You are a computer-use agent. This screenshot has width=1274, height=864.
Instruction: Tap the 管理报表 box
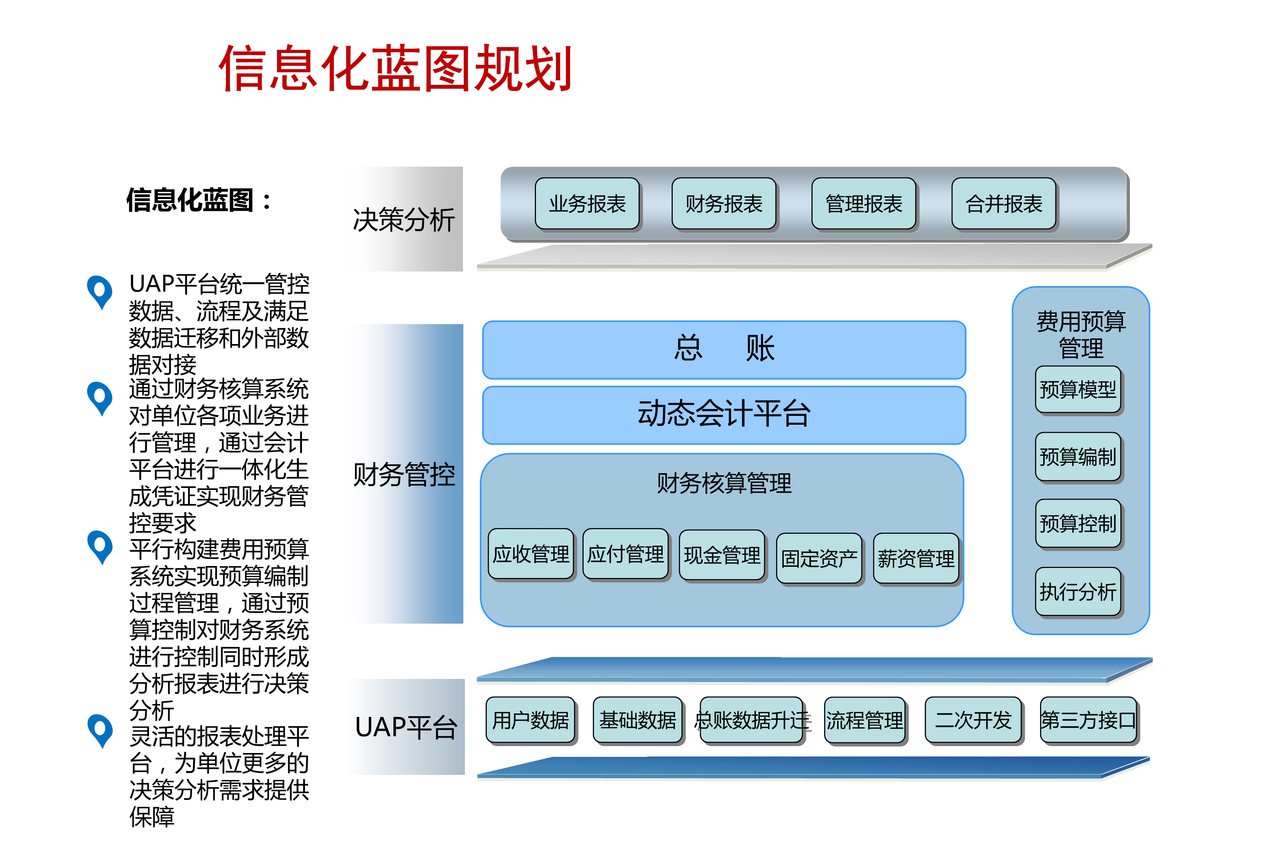tap(864, 203)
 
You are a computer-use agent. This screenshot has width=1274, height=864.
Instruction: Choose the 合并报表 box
tap(1004, 203)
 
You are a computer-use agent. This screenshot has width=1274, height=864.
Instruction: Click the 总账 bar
tap(724, 349)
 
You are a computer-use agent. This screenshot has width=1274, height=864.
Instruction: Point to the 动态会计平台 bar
tap(724, 415)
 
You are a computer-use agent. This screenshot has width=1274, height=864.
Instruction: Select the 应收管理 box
tap(531, 554)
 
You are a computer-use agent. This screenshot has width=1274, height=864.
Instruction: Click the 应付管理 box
tap(625, 554)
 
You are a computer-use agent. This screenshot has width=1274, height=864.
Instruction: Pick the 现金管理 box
tap(722, 555)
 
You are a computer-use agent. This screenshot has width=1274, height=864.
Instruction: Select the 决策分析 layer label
tap(404, 220)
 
